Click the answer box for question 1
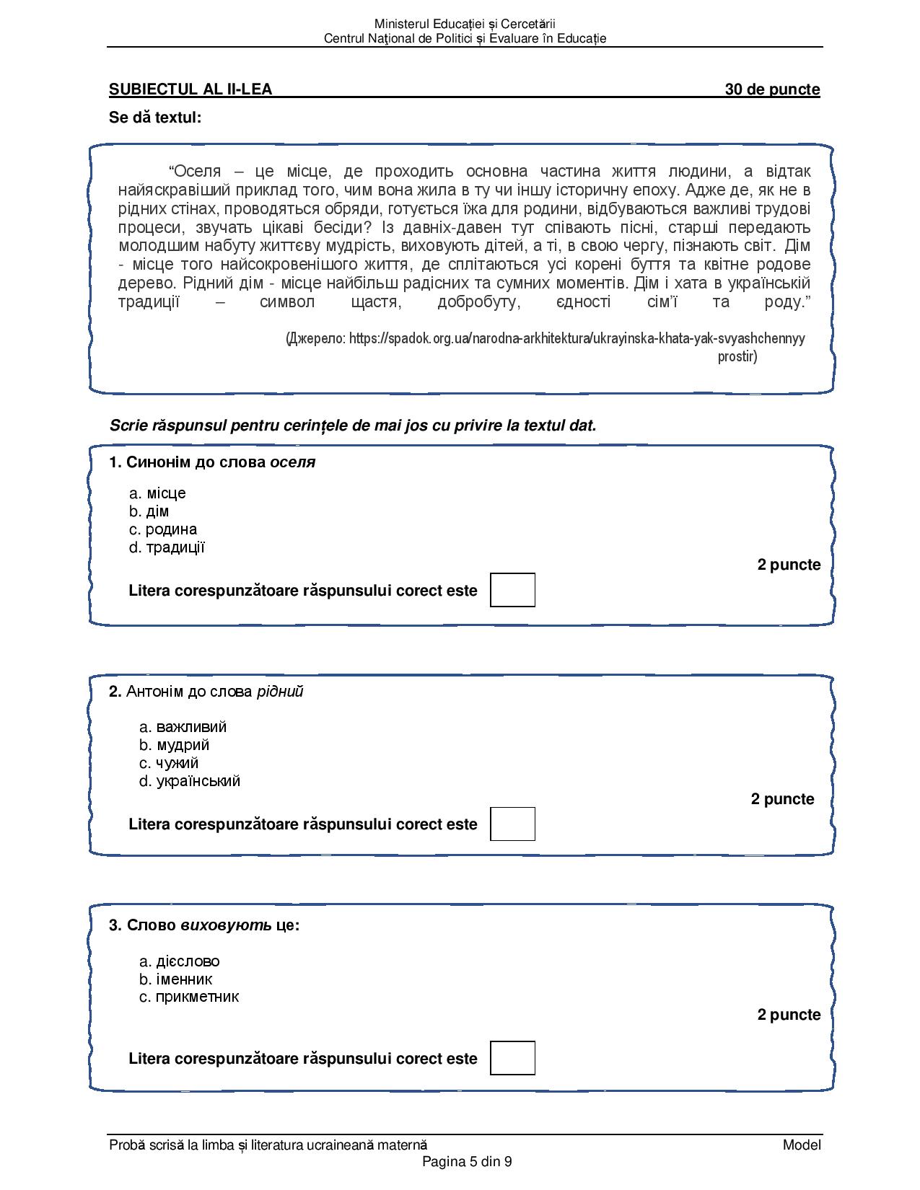[512, 590]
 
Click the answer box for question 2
[512, 824]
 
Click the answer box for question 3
[512, 1058]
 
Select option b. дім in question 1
[149, 511]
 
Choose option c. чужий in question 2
[169, 763]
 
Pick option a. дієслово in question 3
[180, 961]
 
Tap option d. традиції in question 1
[167, 547]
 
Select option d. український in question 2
[190, 781]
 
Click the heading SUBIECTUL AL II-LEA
[190, 89]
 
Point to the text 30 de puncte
[772, 89]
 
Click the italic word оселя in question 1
[293, 462]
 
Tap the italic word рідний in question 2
[280, 692]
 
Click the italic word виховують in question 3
[226, 925]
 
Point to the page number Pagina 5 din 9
[467, 1161]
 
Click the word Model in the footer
[802, 1145]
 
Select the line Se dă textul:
[155, 118]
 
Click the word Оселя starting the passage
[198, 172]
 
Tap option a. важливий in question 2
[183, 727]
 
